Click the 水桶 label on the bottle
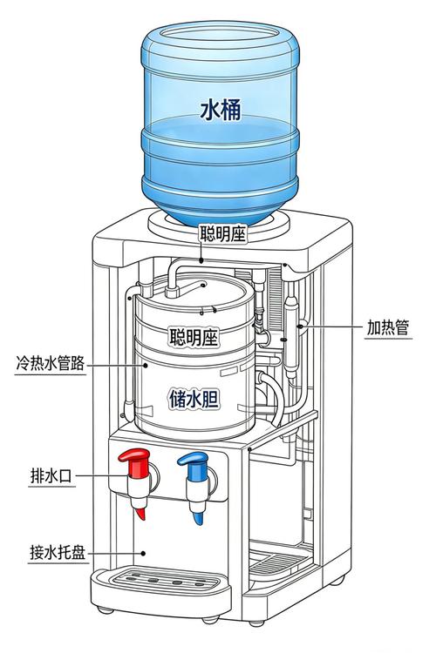coord(221,111)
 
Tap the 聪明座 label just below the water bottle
coord(222,233)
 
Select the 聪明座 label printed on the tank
coord(194,336)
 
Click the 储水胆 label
coord(194,399)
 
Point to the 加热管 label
coord(387,327)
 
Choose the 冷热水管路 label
coord(50,363)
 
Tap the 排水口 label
coord(51,475)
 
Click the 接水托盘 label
coord(58,553)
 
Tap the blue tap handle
coord(194,463)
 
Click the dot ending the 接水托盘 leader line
coord(143,554)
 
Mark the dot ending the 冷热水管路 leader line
coord(146,365)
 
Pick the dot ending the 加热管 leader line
coord(300,326)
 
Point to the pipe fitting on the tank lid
coord(172,291)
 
